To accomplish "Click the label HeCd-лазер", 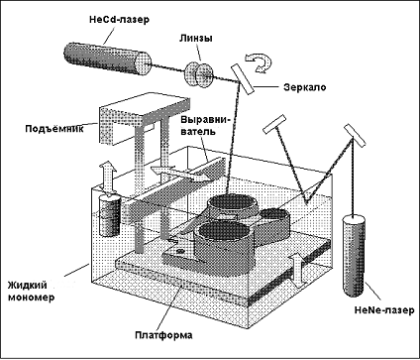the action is (x=119, y=20).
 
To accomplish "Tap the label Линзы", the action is (x=196, y=38).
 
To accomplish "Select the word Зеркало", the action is (x=304, y=87).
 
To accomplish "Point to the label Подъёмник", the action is (x=54, y=128).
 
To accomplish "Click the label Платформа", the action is (x=163, y=335).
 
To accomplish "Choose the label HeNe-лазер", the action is (x=384, y=310).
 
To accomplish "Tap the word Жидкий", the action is (x=28, y=285).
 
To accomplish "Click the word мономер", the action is (x=31, y=298).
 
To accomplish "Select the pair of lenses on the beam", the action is (x=199, y=74).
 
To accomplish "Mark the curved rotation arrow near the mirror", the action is (x=260, y=62).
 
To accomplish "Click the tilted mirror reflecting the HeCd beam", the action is (x=243, y=79).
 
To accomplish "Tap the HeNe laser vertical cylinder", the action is (x=355, y=256).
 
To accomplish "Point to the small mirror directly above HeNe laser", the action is (x=355, y=136).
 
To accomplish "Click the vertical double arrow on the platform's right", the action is (x=298, y=270).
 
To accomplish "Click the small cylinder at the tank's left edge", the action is (x=110, y=215).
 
